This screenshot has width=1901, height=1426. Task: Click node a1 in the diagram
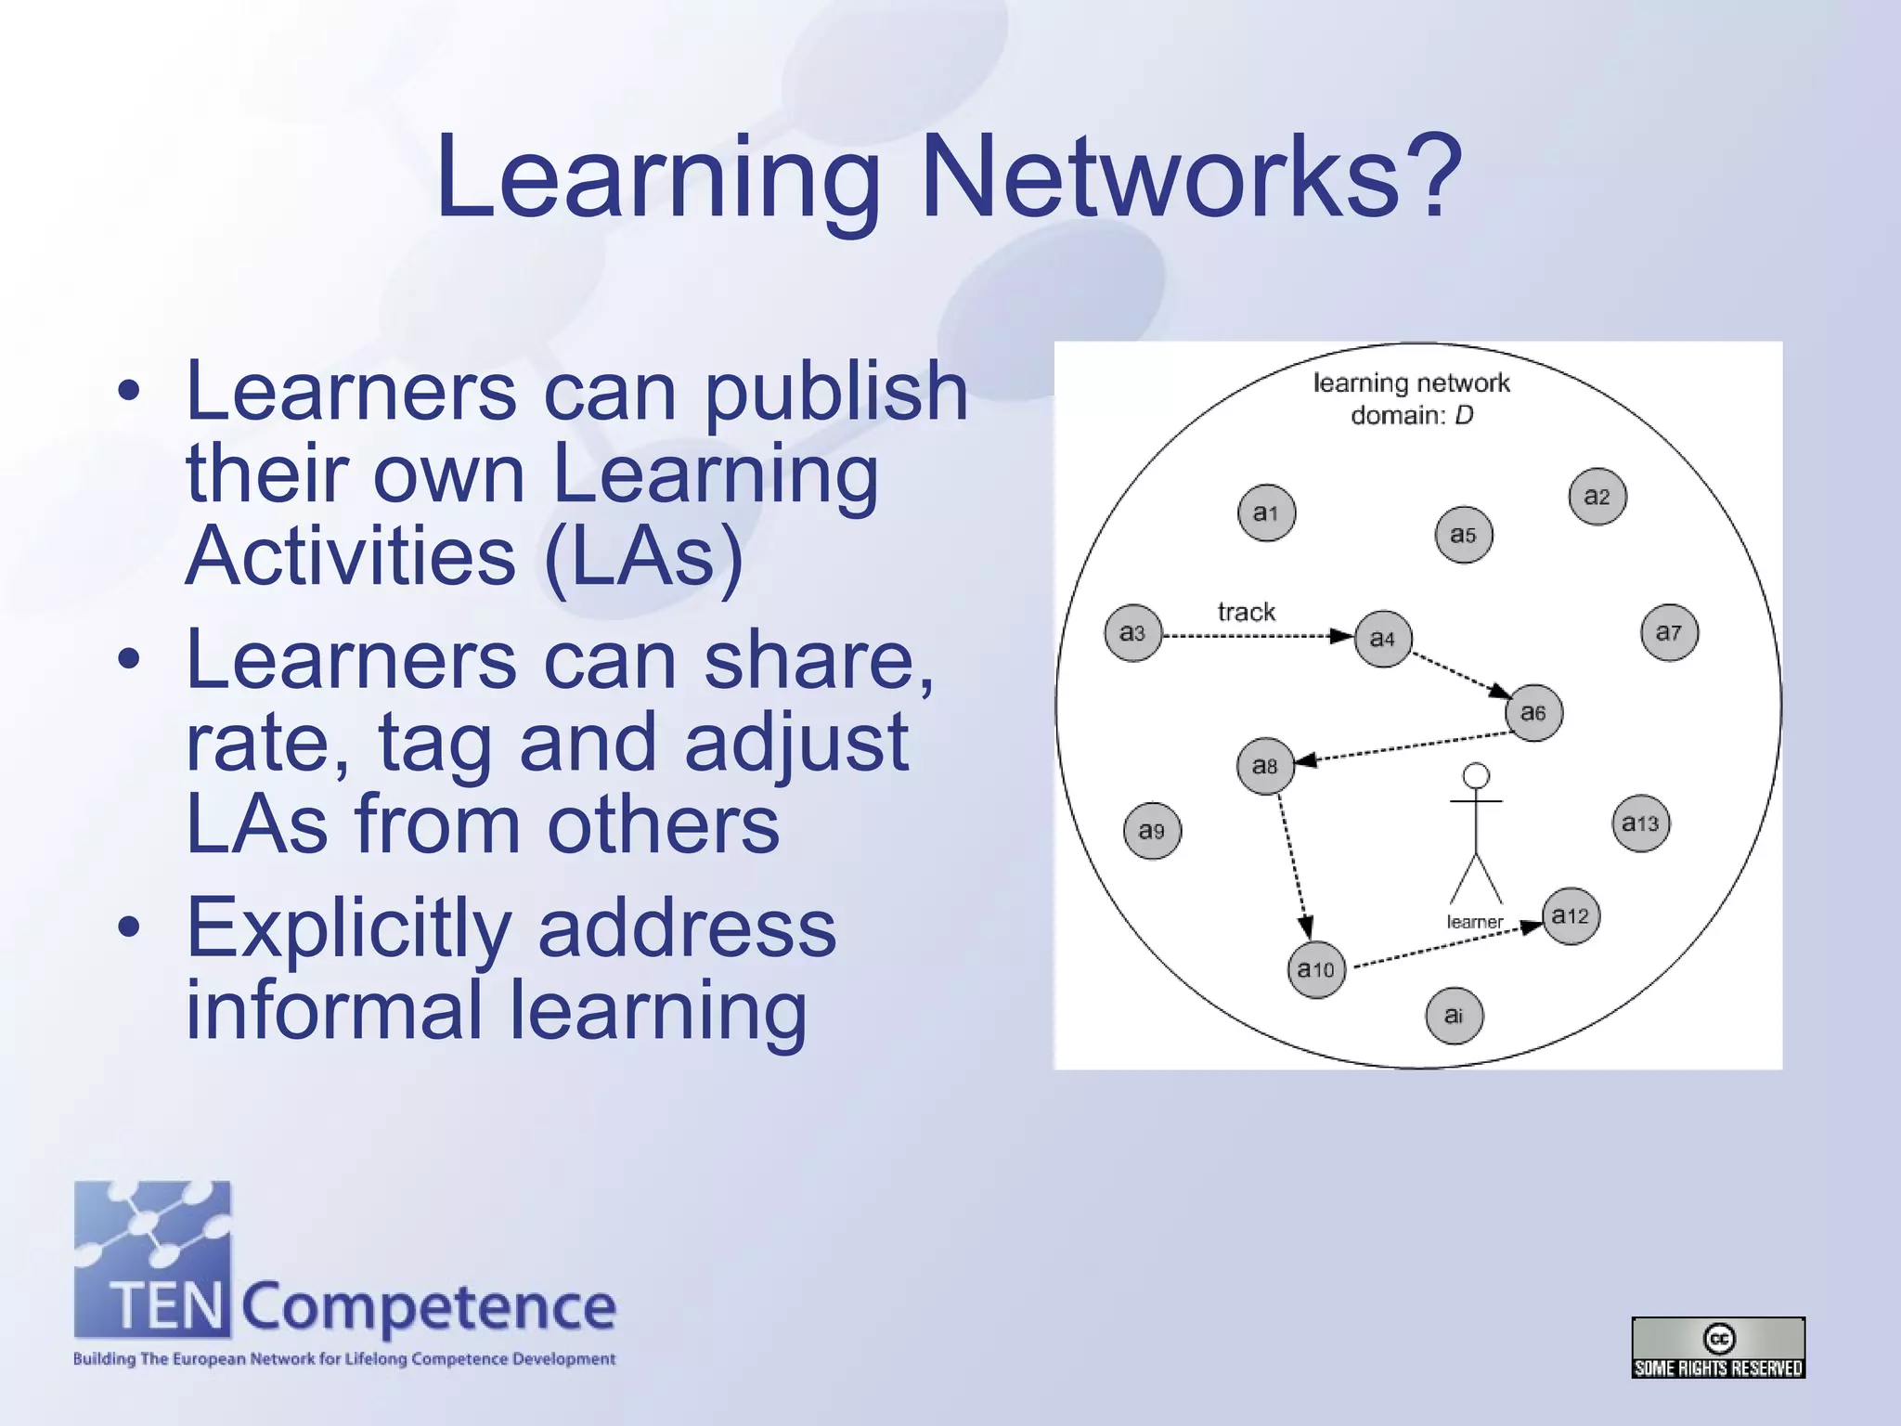(x=1266, y=512)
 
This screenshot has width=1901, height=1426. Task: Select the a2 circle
(x=1597, y=497)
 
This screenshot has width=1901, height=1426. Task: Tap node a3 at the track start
(x=1132, y=633)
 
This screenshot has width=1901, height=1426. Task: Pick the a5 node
(x=1464, y=535)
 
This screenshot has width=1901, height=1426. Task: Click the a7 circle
(x=1669, y=632)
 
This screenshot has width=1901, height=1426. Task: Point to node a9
(x=1152, y=831)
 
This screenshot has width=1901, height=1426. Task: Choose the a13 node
(x=1640, y=823)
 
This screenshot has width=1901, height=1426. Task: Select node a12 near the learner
(x=1571, y=916)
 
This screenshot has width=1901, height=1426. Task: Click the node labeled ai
(x=1454, y=1016)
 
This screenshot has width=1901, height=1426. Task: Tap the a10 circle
(x=1316, y=970)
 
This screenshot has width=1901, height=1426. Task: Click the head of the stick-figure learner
(x=1476, y=775)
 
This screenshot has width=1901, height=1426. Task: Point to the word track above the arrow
(x=1246, y=612)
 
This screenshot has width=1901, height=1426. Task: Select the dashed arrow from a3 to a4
(x=1253, y=636)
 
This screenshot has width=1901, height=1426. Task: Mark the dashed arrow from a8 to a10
(x=1292, y=863)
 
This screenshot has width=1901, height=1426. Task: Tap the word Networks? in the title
(x=1192, y=176)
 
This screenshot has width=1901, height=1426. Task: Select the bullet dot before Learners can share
(x=129, y=659)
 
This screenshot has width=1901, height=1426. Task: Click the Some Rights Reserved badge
(x=1718, y=1347)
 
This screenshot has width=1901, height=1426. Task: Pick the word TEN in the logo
(x=167, y=1306)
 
